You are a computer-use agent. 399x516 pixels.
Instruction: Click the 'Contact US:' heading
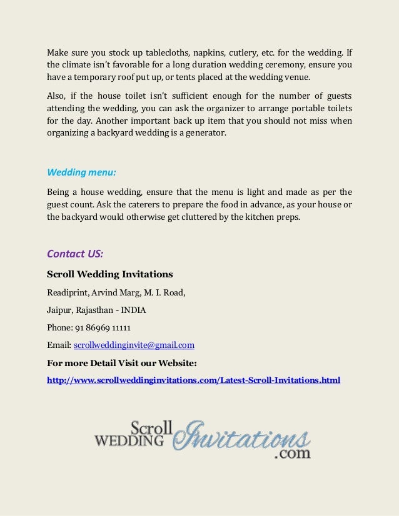click(75, 254)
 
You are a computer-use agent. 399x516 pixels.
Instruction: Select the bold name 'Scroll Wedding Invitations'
click(109, 274)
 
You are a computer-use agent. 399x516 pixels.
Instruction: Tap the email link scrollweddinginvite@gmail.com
click(134, 344)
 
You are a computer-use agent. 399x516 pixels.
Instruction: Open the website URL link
click(194, 379)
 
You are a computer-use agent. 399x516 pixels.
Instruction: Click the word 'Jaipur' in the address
click(60, 309)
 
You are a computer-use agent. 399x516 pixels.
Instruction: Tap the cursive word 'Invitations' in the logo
click(241, 437)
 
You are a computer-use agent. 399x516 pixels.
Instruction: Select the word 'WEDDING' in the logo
click(129, 441)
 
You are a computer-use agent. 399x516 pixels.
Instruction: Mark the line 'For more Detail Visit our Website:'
click(122, 362)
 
